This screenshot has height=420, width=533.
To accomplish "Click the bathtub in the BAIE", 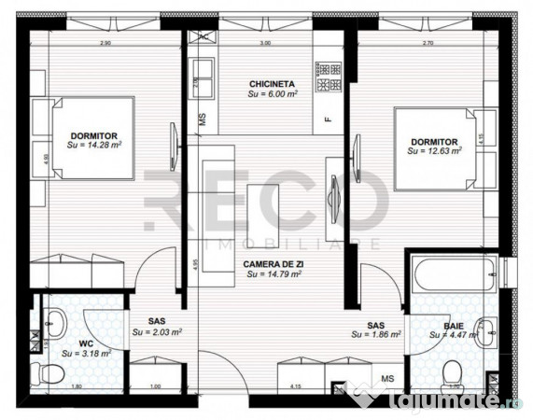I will click(x=448, y=276).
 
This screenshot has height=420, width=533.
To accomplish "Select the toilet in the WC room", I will click(x=45, y=373).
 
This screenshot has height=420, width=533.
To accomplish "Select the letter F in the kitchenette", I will click(x=327, y=119).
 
